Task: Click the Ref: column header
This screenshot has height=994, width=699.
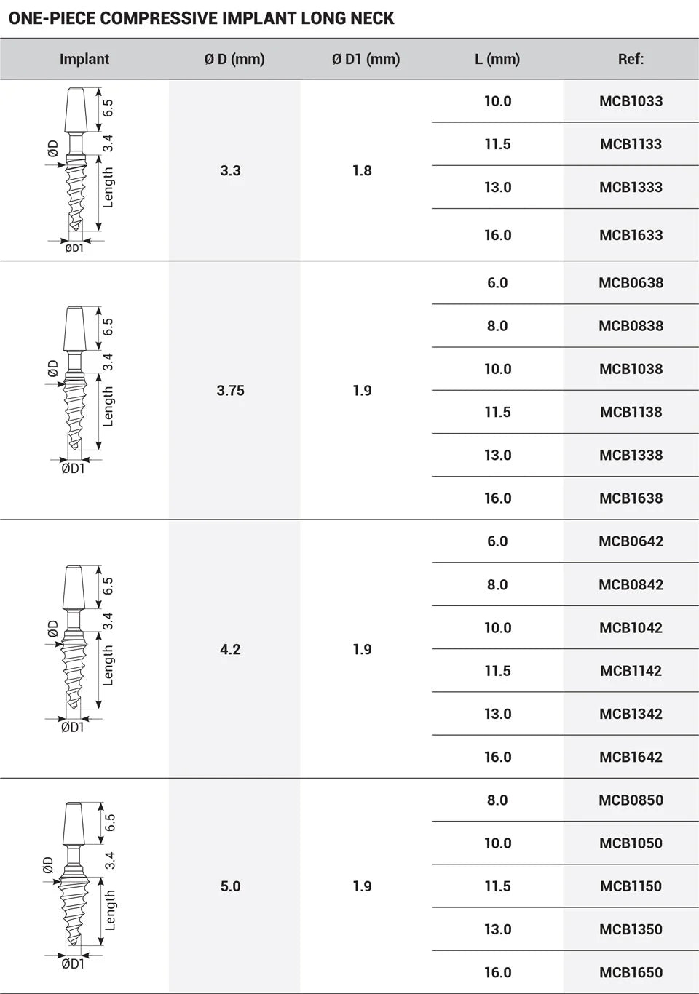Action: point(631,59)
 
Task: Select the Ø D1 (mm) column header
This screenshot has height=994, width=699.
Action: point(366,59)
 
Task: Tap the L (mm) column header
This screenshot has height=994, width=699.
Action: point(497,59)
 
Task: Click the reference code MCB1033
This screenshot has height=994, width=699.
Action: point(631,101)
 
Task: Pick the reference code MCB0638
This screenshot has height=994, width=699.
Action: point(631,283)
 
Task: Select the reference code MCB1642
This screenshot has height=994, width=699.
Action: point(631,757)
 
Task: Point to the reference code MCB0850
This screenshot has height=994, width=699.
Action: point(631,800)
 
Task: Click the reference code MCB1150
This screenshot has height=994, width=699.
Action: point(631,886)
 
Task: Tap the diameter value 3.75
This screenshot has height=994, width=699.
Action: point(230,391)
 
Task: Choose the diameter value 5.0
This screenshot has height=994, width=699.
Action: point(230,886)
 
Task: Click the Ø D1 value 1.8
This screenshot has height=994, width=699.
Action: point(362,170)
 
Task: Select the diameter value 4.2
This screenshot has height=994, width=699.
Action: point(230,649)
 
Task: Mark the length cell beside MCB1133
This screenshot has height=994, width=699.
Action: point(497,144)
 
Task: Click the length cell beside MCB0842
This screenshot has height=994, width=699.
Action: point(497,584)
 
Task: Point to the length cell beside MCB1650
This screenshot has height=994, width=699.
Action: point(497,972)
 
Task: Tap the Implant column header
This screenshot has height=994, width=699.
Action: point(84,59)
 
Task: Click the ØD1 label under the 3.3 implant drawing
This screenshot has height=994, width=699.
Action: point(74,248)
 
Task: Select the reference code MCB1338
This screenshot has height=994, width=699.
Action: point(631,455)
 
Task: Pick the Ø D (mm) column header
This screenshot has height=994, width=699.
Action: point(234,59)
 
